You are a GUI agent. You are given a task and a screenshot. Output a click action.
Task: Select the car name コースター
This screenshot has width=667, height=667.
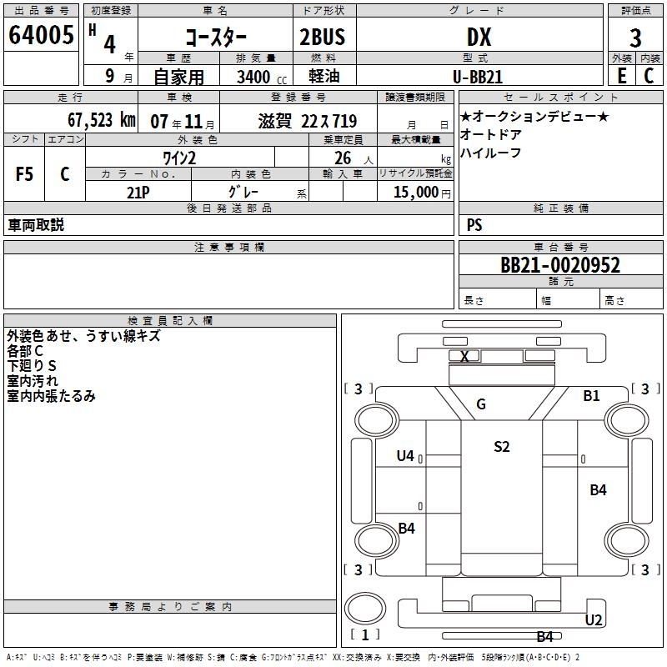tap(216, 39)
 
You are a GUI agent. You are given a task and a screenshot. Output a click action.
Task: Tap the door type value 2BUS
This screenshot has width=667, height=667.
tap(323, 38)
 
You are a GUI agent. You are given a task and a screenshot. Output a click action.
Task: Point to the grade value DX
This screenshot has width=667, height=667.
tap(478, 38)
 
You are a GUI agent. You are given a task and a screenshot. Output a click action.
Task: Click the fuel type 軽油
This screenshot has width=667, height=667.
tap(323, 77)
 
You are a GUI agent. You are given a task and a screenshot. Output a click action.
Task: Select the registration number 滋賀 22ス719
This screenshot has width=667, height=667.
tap(307, 120)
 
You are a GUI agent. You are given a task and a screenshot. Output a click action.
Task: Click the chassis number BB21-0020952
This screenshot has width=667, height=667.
tap(560, 265)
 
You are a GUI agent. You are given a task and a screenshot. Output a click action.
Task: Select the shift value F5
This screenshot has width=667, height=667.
tap(25, 174)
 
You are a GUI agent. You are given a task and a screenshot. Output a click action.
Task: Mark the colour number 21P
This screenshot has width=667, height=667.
tap(138, 192)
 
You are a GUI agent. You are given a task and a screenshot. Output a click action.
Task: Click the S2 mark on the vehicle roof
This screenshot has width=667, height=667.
tap(501, 446)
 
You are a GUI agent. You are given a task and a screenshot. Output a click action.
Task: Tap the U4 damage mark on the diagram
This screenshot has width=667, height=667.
tap(405, 455)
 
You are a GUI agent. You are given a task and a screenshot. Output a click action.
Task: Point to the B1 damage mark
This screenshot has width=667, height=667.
tap(591, 396)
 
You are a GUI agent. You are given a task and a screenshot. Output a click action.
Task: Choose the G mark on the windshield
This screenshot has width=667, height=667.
tap(481, 404)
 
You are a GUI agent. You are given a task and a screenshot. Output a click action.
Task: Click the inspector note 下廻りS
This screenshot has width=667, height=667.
tap(31, 366)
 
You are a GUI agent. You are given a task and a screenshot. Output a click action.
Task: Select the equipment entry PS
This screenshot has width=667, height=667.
tap(474, 225)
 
